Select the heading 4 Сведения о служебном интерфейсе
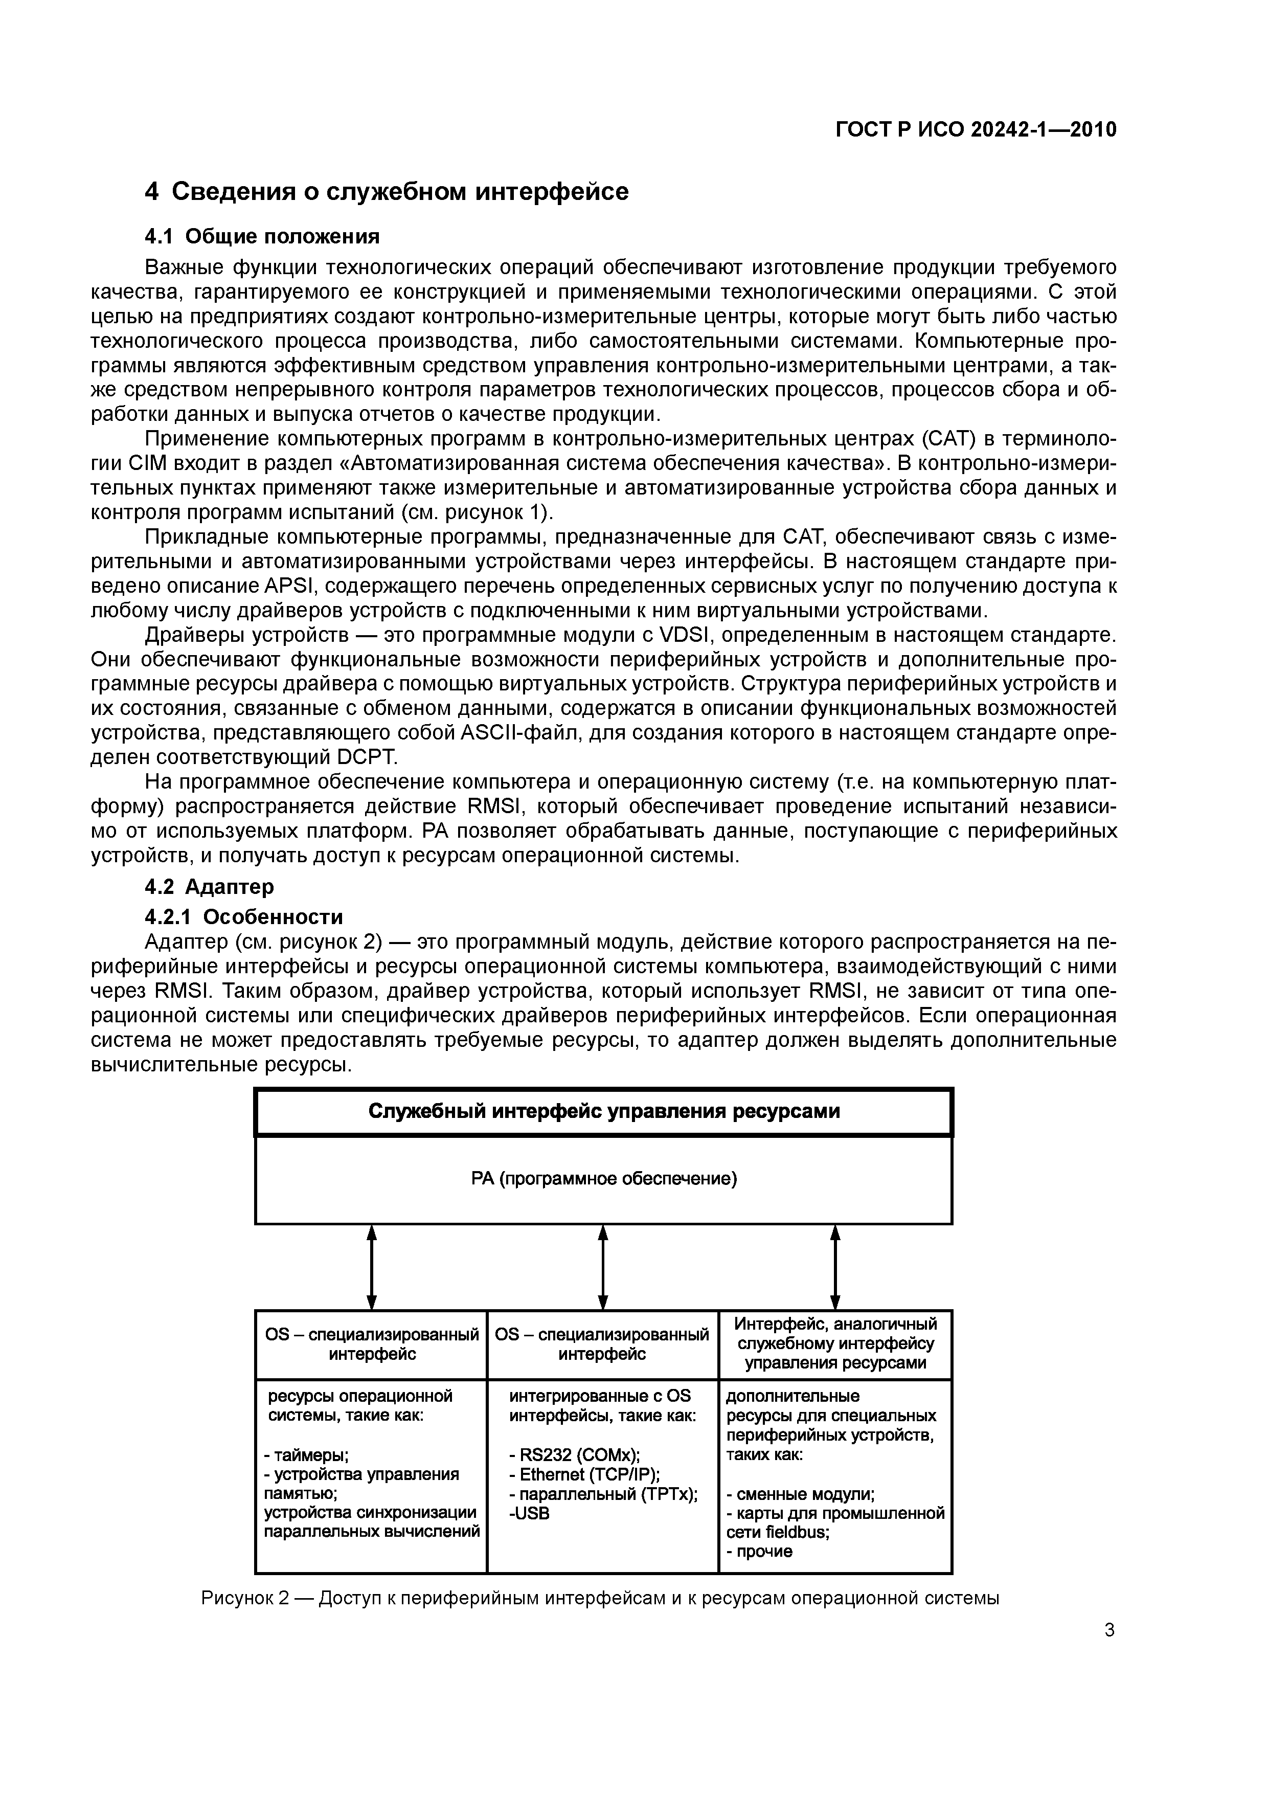click(x=387, y=191)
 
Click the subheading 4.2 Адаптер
click(x=210, y=886)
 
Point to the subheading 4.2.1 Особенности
click(x=244, y=916)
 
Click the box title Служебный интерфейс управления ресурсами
click(x=603, y=1111)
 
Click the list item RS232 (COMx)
click(x=574, y=1455)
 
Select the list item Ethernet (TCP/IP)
click(x=584, y=1474)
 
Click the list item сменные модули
click(x=801, y=1494)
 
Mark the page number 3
click(x=1109, y=1630)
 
